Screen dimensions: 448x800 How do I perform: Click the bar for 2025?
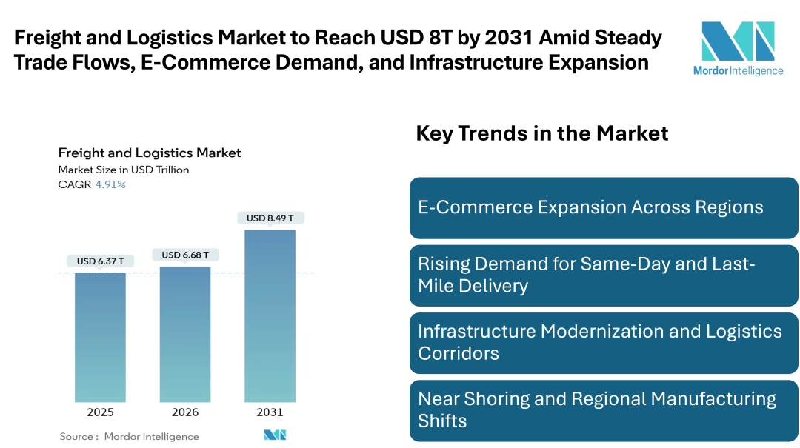[100, 337]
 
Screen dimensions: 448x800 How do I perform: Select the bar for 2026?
[184, 333]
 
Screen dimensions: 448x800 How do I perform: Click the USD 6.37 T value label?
[100, 261]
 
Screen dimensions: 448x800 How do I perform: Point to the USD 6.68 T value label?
[184, 255]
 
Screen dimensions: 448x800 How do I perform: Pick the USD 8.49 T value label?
[270, 218]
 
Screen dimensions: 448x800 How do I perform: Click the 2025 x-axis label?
[100, 412]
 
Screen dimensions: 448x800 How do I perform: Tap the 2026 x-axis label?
[184, 412]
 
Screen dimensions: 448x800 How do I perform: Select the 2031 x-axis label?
[270, 412]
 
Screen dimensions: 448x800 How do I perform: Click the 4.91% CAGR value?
[110, 184]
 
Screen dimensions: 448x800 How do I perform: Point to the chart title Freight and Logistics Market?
[150, 153]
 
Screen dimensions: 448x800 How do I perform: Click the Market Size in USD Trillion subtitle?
[124, 170]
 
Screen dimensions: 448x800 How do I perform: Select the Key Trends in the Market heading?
[541, 133]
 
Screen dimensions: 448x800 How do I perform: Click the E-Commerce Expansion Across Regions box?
[604, 207]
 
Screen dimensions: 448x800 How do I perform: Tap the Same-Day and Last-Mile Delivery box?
[604, 275]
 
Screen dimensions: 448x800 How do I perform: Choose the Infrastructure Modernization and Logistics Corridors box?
[604, 342]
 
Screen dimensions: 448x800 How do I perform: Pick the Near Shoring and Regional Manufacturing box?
[604, 409]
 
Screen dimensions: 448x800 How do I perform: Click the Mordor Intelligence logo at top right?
[737, 48]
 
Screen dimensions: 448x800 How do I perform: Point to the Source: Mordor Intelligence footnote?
[129, 436]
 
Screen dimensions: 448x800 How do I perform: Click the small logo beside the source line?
[275, 435]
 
